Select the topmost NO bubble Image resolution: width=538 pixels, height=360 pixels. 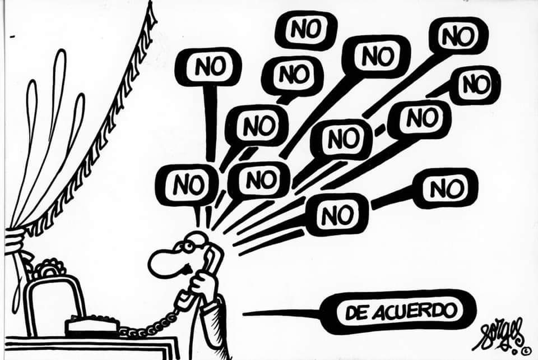click(305, 29)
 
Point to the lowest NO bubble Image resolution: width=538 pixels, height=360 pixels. click(337, 214)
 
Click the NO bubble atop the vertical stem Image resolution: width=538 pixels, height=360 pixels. click(208, 67)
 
